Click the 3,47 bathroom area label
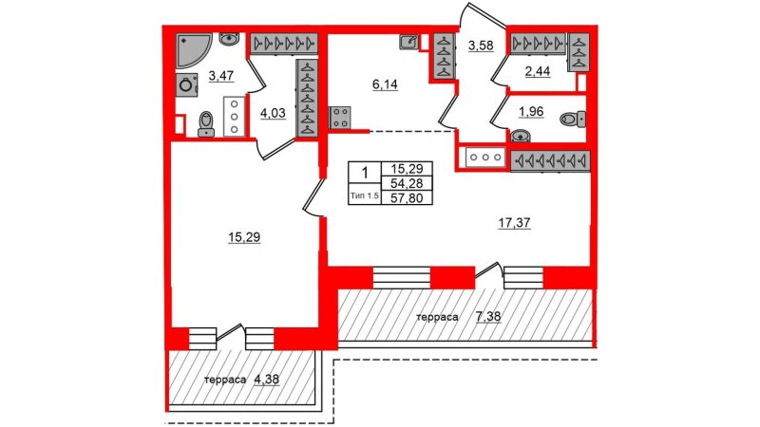pyautogui.click(x=221, y=76)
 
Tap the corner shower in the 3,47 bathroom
pyautogui.click(x=193, y=50)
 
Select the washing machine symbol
pyautogui.click(x=186, y=85)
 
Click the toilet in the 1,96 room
pyautogui.click(x=573, y=120)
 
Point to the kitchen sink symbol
pyautogui.click(x=409, y=42)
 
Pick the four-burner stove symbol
pyautogui.click(x=340, y=118)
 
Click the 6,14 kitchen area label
pyautogui.click(x=385, y=84)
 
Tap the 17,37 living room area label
pyautogui.click(x=514, y=223)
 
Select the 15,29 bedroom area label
pyautogui.click(x=244, y=237)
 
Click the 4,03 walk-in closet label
pyautogui.click(x=273, y=114)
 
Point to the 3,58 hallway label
pyautogui.click(x=481, y=46)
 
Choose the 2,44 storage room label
pyautogui.click(x=538, y=72)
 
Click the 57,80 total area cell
pyautogui.click(x=408, y=197)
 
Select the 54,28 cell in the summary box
pyautogui.click(x=408, y=183)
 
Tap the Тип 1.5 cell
pyautogui.click(x=365, y=196)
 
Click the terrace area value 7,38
pyautogui.click(x=488, y=317)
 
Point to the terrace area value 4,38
pyautogui.click(x=267, y=379)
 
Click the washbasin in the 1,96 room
pyautogui.click(x=520, y=136)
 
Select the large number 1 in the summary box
pyautogui.click(x=365, y=173)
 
